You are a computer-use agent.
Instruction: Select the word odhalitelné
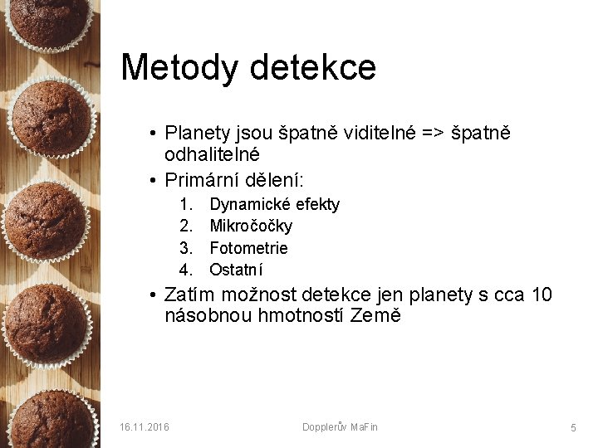click(x=213, y=154)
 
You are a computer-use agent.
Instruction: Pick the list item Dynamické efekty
click(x=274, y=204)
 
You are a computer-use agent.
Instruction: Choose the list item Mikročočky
click(x=251, y=226)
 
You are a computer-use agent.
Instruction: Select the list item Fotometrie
click(x=248, y=247)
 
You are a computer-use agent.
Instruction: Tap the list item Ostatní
click(x=236, y=269)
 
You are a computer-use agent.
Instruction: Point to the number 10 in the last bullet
click(x=541, y=295)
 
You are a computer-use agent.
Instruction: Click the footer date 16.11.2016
click(x=144, y=426)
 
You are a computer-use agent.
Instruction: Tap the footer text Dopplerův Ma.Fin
click(x=340, y=426)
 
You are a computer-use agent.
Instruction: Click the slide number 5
click(x=573, y=427)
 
